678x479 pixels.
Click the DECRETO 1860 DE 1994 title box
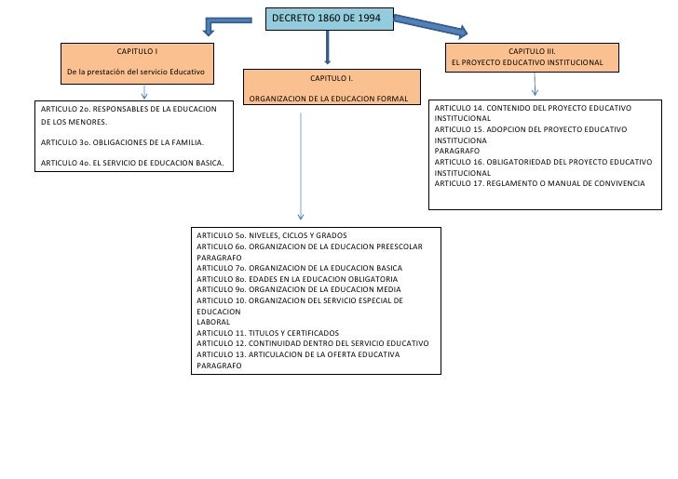point(330,20)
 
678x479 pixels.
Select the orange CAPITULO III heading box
point(531,57)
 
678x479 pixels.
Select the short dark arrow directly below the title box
point(328,48)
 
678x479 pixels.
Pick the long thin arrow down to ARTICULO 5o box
point(301,167)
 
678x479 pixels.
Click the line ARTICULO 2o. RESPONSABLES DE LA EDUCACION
point(129,110)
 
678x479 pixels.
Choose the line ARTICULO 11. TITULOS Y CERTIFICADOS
point(268,333)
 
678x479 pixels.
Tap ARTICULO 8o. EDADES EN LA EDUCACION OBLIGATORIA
point(298,278)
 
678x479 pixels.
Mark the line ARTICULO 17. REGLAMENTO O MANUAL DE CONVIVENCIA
point(539,183)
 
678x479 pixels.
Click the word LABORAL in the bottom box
point(213,322)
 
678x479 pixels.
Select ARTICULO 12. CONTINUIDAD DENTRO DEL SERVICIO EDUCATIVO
point(313,343)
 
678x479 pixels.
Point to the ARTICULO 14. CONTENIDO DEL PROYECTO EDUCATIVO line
point(534,109)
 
